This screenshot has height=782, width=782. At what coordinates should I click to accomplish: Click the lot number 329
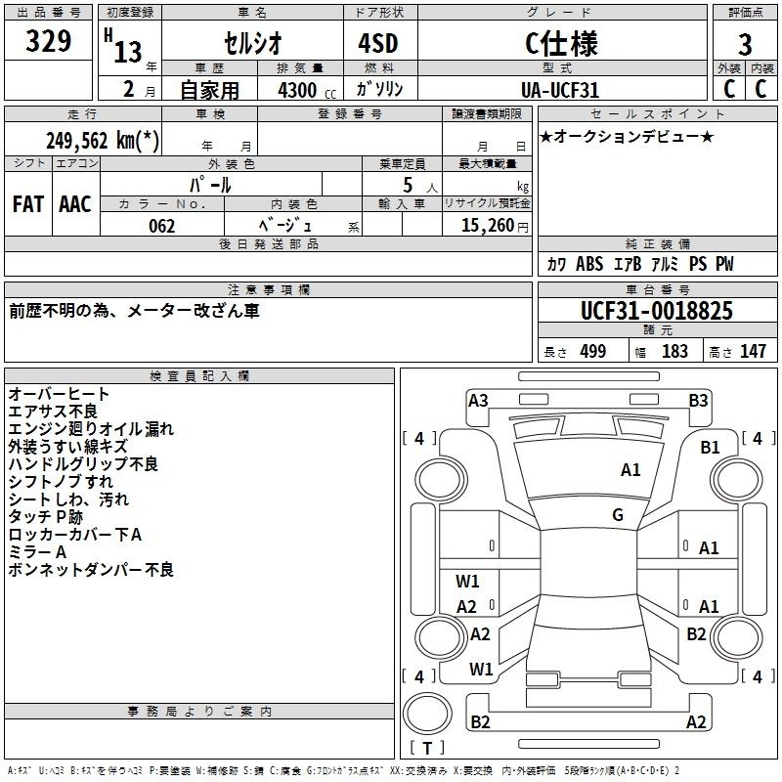pyautogui.click(x=48, y=41)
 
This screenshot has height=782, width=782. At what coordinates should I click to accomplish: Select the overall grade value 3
pyautogui.click(x=745, y=44)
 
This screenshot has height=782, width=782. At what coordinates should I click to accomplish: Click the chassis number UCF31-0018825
pyautogui.click(x=657, y=311)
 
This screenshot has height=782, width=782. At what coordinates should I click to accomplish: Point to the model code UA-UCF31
pyautogui.click(x=559, y=90)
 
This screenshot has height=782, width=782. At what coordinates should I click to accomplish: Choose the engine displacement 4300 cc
pyautogui.click(x=307, y=90)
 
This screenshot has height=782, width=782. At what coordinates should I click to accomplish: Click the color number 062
pyautogui.click(x=161, y=226)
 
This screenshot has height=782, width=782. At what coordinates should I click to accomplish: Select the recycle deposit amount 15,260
pyautogui.click(x=488, y=226)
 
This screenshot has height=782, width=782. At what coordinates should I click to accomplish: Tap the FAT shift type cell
pyautogui.click(x=28, y=204)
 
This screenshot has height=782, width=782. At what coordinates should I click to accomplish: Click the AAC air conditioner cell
pyautogui.click(x=75, y=204)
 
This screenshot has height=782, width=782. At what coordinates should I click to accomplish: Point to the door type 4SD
pyautogui.click(x=378, y=43)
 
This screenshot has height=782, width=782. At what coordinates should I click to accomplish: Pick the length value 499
pyautogui.click(x=593, y=351)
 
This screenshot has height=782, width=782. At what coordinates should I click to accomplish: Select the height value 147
pyautogui.click(x=753, y=351)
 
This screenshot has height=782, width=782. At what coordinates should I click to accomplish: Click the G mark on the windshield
pyautogui.click(x=618, y=515)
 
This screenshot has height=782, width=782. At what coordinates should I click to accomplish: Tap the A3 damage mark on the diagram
pyautogui.click(x=478, y=401)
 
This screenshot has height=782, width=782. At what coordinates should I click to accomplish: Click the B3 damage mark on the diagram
pyautogui.click(x=698, y=401)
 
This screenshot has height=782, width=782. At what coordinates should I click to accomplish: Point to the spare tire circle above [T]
pyautogui.click(x=427, y=714)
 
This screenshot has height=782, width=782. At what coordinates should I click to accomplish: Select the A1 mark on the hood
pyautogui.click(x=630, y=470)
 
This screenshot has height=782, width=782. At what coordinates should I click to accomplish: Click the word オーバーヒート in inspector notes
pyautogui.click(x=59, y=394)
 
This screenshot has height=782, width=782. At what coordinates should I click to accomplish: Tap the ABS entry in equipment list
pyautogui.click(x=589, y=264)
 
